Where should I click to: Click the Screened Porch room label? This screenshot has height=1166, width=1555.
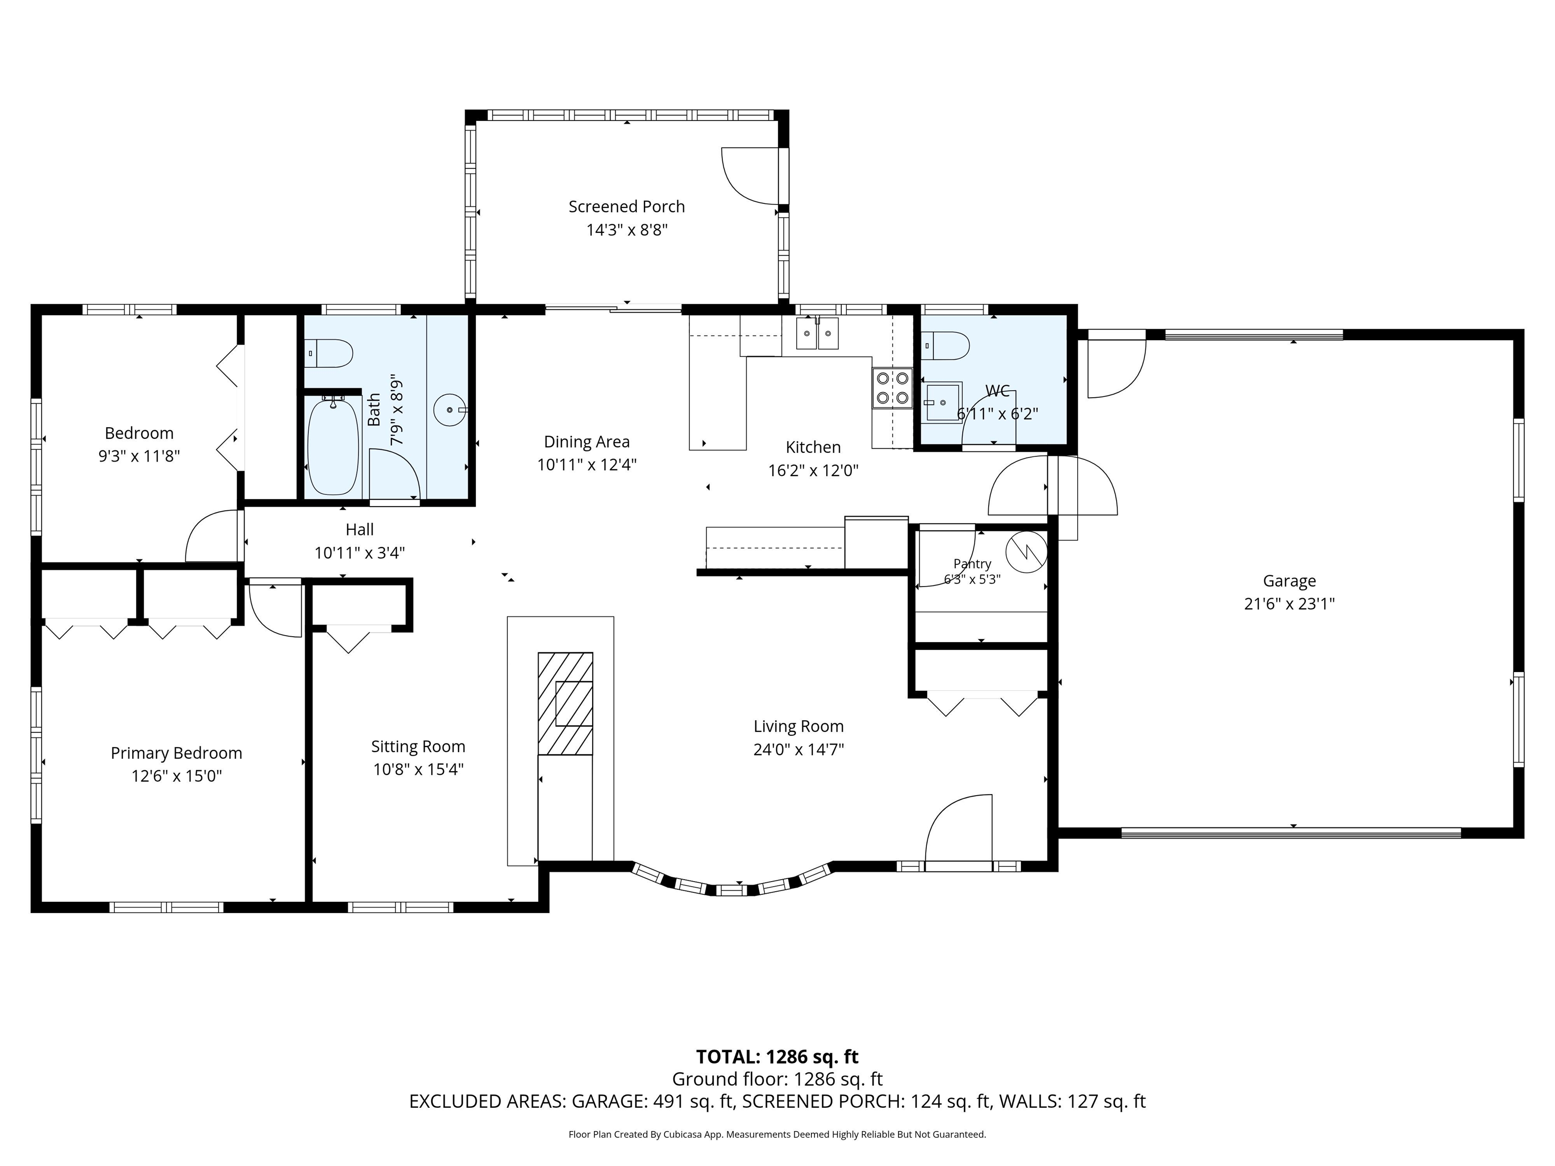pyautogui.click(x=626, y=206)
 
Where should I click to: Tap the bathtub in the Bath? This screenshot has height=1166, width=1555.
pyautogui.click(x=334, y=447)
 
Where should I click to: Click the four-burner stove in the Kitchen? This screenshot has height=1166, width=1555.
pyautogui.click(x=892, y=388)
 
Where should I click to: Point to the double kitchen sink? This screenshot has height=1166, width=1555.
pyautogui.click(x=817, y=333)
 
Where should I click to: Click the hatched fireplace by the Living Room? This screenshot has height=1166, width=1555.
pyautogui.click(x=565, y=703)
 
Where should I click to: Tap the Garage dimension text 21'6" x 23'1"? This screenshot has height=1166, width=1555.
pyautogui.click(x=1289, y=604)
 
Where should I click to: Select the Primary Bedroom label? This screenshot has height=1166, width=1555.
pyautogui.click(x=177, y=754)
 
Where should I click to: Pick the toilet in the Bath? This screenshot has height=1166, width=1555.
pyautogui.click(x=329, y=354)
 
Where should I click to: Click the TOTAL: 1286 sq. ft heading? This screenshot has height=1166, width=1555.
pyautogui.click(x=777, y=1057)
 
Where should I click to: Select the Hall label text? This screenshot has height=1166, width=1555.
pyautogui.click(x=359, y=529)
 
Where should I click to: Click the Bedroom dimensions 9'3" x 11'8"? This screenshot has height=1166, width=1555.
pyautogui.click(x=139, y=456)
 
